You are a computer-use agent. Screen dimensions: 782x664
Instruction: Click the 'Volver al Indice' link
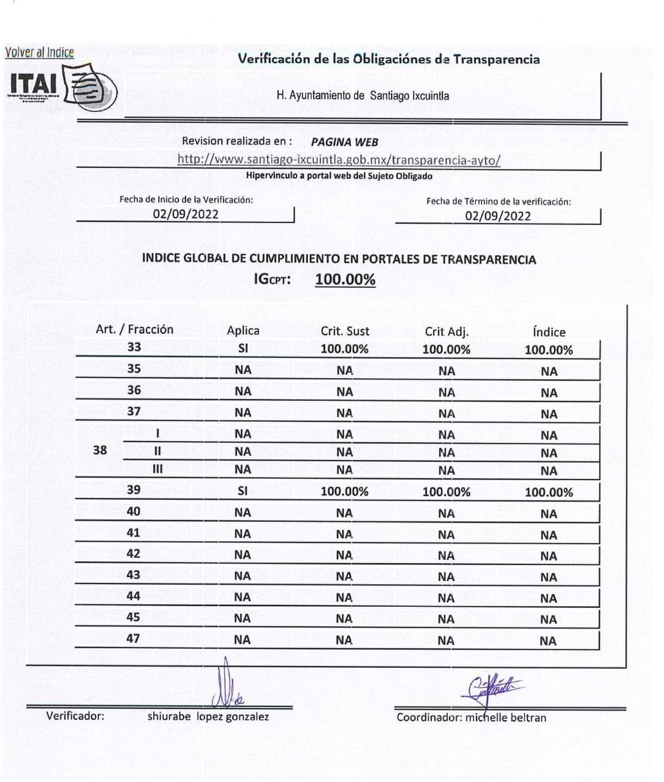pos(39,53)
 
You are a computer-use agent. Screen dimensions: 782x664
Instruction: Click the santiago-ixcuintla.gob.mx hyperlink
pos(339,160)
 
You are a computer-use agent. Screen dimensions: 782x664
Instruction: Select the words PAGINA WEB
pos(344,142)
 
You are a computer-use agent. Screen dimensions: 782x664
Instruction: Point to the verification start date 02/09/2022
pos(186,215)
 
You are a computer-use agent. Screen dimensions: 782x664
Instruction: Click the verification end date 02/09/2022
pos(497,216)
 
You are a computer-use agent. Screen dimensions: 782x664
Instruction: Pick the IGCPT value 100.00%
pos(345,280)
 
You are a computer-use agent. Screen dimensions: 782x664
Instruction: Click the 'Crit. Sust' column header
pos(345,331)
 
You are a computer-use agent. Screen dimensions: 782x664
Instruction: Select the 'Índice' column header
pos(548,332)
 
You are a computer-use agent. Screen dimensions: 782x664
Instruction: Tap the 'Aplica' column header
pos(243,330)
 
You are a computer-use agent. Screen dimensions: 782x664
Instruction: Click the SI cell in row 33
pos(243,349)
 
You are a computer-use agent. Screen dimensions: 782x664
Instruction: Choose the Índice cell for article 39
pos(548,492)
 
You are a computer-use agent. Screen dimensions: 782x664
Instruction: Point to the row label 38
pos(100,450)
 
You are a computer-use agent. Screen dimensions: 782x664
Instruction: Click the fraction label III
pos(157,470)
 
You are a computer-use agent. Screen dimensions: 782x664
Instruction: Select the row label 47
pos(133,638)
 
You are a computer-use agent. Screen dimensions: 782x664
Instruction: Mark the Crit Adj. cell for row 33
pos(446,349)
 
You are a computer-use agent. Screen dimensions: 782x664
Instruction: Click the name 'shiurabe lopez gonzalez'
pos(208,716)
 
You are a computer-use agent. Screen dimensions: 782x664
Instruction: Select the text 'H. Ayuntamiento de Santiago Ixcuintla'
pos(363,96)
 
